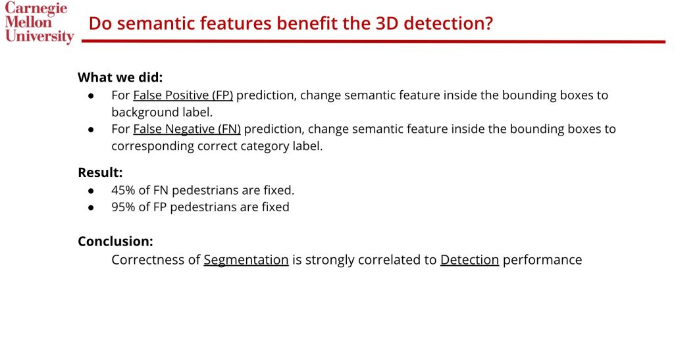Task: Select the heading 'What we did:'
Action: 120,77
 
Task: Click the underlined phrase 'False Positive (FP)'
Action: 183,95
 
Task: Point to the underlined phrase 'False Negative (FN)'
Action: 187,129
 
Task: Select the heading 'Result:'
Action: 100,172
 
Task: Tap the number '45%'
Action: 123,190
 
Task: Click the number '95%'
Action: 123,207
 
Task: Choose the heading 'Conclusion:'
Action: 115,241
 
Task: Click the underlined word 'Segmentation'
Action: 246,260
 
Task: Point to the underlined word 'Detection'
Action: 469,259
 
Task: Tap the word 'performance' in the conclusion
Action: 542,260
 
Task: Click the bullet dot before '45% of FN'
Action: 91,190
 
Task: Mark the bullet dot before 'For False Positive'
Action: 91,95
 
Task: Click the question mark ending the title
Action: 488,23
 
